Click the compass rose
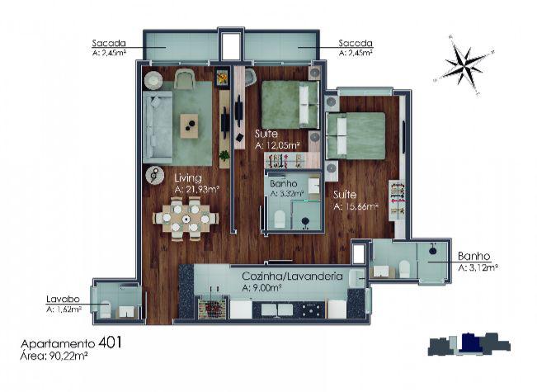[x=465, y=64]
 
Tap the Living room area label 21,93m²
[x=196, y=189]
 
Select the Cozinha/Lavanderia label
[x=292, y=276]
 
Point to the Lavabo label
[x=63, y=299]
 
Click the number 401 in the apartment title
[x=110, y=342]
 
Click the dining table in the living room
[x=186, y=219]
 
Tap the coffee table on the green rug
[x=190, y=125]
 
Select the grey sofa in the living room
[x=158, y=126]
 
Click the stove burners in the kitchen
[x=312, y=309]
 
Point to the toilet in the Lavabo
[x=106, y=309]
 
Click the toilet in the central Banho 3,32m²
[x=280, y=220]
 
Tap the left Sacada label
[x=109, y=43]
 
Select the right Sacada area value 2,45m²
[x=356, y=53]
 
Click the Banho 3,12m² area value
[x=478, y=267]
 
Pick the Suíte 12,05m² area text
[x=277, y=145]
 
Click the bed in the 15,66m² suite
[x=356, y=135]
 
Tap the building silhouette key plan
[x=469, y=343]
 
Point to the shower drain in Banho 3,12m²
[x=432, y=250]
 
